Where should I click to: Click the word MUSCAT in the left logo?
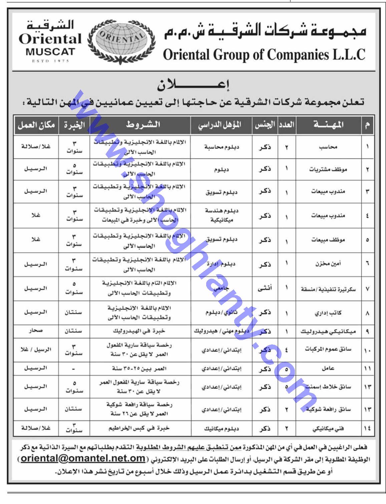click(x=50, y=52)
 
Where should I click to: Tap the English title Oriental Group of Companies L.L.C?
click(x=264, y=55)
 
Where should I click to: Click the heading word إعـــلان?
click(x=194, y=86)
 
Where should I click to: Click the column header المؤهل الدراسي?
click(x=220, y=125)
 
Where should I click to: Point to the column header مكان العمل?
click(x=36, y=125)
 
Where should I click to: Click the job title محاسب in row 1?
click(x=328, y=147)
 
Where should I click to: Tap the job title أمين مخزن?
click(x=328, y=264)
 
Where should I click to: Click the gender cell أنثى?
click(x=265, y=288)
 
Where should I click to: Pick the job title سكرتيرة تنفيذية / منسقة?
click(x=328, y=289)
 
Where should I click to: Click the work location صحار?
click(x=36, y=331)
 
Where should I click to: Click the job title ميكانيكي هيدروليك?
click(x=328, y=331)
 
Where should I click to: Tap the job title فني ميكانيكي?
click(x=328, y=429)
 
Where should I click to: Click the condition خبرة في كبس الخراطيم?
click(x=139, y=428)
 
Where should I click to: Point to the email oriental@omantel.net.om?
click(x=83, y=458)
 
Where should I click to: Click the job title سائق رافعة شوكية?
click(x=328, y=409)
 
